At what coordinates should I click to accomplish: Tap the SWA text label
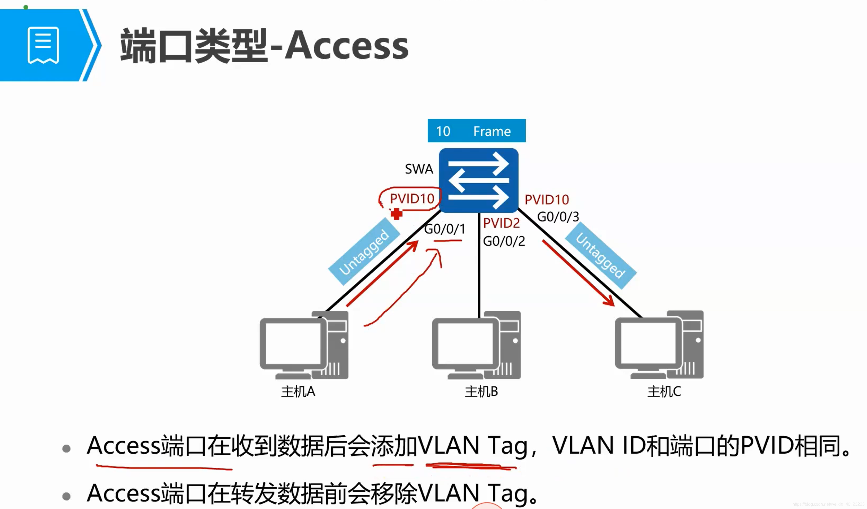[x=419, y=169]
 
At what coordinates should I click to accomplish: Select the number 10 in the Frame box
[x=443, y=131]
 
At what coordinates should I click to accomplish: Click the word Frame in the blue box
[x=492, y=131]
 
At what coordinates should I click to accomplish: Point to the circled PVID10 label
[x=412, y=199]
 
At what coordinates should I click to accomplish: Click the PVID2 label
[x=501, y=223]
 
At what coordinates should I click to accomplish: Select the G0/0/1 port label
[x=444, y=229]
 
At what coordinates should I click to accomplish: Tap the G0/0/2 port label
[x=504, y=241]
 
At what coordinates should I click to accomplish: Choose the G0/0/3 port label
[x=558, y=217]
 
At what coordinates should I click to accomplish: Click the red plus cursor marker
[x=396, y=214]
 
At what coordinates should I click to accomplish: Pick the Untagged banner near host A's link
[x=364, y=253]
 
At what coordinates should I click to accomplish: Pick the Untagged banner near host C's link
[x=600, y=255]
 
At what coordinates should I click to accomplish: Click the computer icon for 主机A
[x=304, y=345]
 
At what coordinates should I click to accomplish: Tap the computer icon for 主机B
[x=476, y=345]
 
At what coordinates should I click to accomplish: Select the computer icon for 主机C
[x=659, y=345]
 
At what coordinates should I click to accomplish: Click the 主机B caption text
[x=481, y=391]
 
